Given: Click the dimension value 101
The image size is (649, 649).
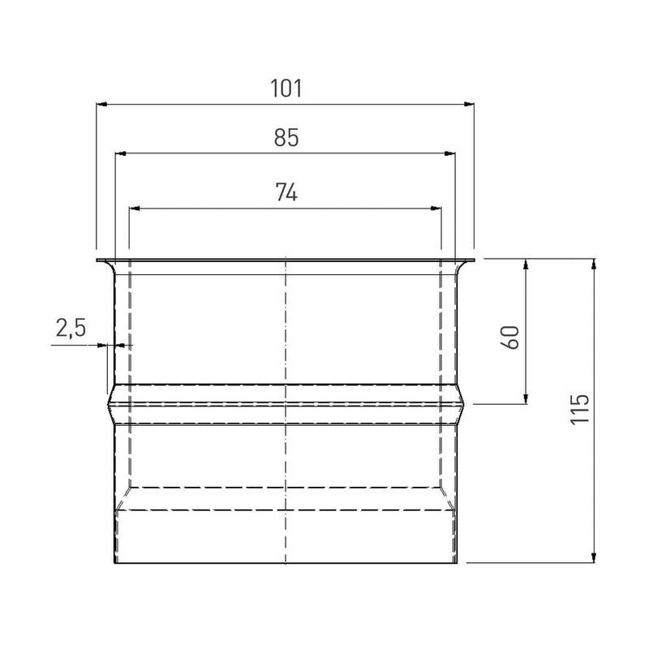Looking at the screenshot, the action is tap(286, 88).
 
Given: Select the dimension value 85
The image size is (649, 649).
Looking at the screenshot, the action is tap(286, 137).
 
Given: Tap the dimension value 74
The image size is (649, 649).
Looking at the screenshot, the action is tap(286, 192).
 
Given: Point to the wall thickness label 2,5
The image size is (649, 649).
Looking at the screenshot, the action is tap(71, 329).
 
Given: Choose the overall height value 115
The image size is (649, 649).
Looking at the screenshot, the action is tap(580, 409).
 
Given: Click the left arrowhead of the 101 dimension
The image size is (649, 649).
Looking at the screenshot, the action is tap(102, 104).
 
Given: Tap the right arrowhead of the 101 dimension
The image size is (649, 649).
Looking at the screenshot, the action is tap(469, 104).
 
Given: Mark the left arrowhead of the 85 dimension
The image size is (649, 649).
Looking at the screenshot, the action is tap(120, 153).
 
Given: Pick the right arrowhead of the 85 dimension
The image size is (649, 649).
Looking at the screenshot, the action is tap(450, 153).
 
